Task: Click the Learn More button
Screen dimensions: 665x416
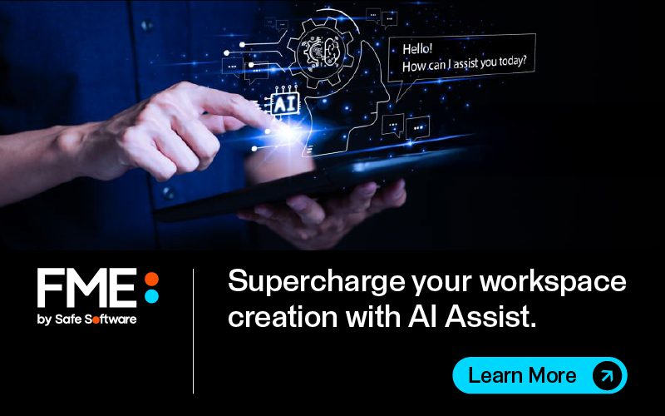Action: [539, 375]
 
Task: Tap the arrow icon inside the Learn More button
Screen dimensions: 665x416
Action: [607, 375]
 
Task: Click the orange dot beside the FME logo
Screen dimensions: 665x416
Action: [151, 280]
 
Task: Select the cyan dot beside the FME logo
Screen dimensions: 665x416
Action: [151, 296]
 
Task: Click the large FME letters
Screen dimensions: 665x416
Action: [87, 287]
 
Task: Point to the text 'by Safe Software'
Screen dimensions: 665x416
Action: [87, 319]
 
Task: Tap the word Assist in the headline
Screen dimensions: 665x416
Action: [490, 317]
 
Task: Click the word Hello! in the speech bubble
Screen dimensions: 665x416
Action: [417, 49]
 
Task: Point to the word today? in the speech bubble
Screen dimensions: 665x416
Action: [512, 62]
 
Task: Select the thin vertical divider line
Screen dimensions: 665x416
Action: [193, 331]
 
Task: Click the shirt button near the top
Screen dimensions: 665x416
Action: [147, 26]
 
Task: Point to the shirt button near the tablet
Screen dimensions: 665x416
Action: [169, 193]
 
